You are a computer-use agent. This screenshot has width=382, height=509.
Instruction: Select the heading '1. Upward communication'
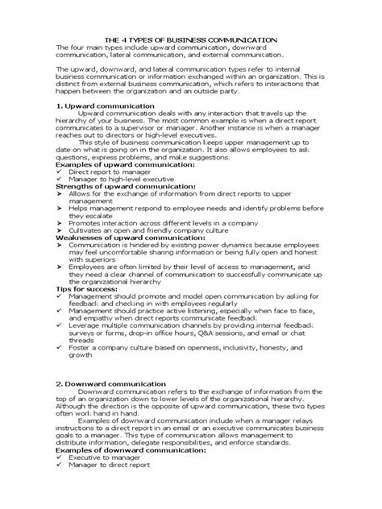coord(104,106)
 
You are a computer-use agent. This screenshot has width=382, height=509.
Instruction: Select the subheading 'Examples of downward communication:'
coord(121,473)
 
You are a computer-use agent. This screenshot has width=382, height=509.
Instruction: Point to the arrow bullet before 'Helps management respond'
coord(59,206)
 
